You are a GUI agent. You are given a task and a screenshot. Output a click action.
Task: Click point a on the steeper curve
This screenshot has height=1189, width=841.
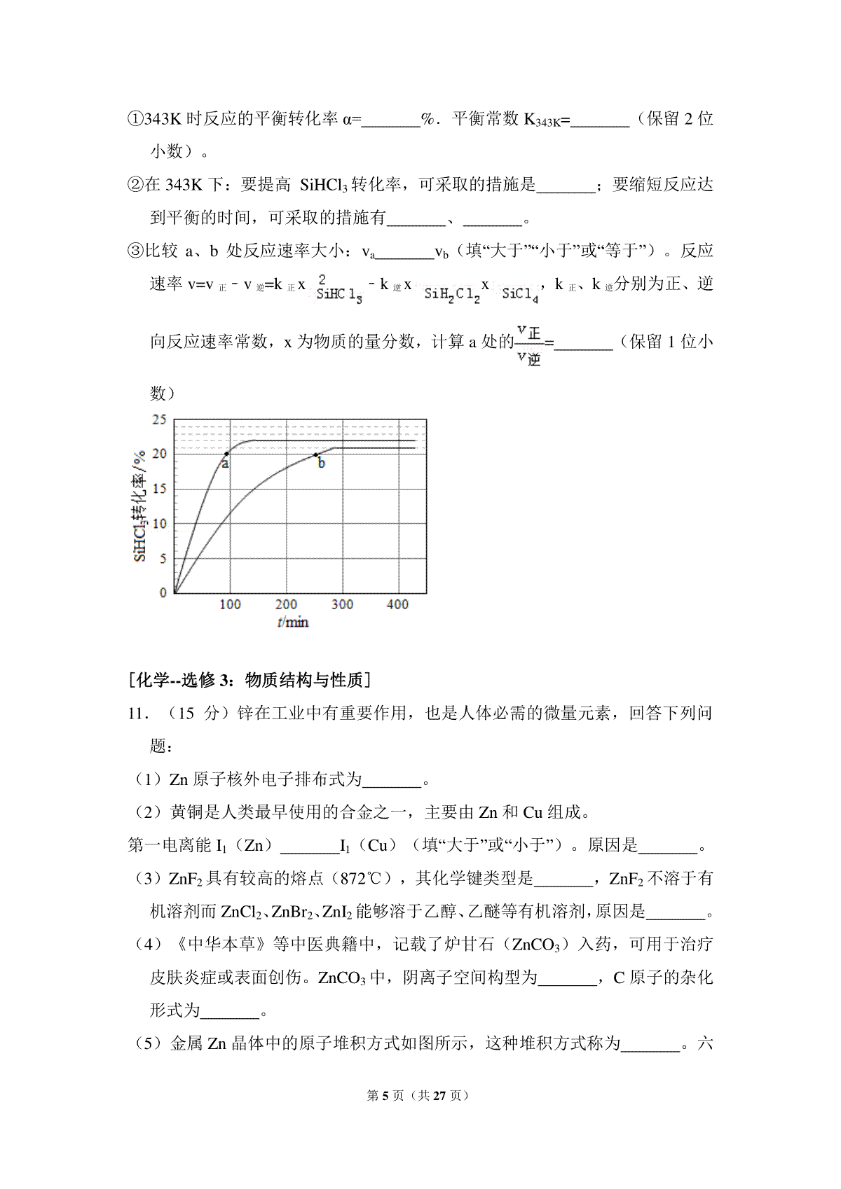point(226,454)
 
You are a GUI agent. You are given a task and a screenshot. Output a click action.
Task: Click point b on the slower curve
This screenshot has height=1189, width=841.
point(316,454)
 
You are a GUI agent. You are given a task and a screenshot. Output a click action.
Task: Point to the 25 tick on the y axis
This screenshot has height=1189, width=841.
point(160,419)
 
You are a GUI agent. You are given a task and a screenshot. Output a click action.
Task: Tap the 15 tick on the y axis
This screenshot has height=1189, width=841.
point(160,488)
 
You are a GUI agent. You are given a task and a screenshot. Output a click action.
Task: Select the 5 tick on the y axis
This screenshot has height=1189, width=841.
point(163,558)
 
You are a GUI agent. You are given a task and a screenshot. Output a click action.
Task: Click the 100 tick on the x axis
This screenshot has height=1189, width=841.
point(230,604)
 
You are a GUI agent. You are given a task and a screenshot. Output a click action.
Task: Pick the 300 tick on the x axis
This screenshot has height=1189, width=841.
point(342,604)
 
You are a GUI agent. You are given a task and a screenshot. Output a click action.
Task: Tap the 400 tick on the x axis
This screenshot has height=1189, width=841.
point(397,604)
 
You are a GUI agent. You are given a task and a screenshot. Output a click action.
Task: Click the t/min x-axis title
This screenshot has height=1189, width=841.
point(292,622)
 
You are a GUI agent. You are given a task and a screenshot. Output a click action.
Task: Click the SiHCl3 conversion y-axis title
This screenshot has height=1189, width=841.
point(139,505)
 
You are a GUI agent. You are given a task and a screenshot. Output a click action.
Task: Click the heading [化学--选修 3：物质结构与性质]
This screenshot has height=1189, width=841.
point(250,679)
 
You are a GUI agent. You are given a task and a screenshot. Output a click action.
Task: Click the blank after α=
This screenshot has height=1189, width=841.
point(391,119)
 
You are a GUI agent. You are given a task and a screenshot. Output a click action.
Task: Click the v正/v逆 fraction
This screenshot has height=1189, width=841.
point(528,345)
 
